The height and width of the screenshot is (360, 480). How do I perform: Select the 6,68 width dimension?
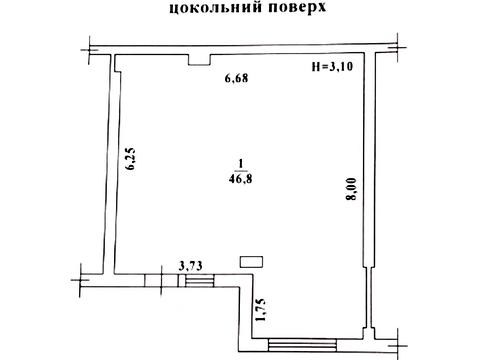coord(234,79)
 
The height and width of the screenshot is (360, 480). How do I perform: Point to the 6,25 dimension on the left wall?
coord(130,161)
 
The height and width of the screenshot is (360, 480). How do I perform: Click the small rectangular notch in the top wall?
coord(199,61)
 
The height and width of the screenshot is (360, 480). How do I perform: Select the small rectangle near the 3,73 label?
coord(251,262)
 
